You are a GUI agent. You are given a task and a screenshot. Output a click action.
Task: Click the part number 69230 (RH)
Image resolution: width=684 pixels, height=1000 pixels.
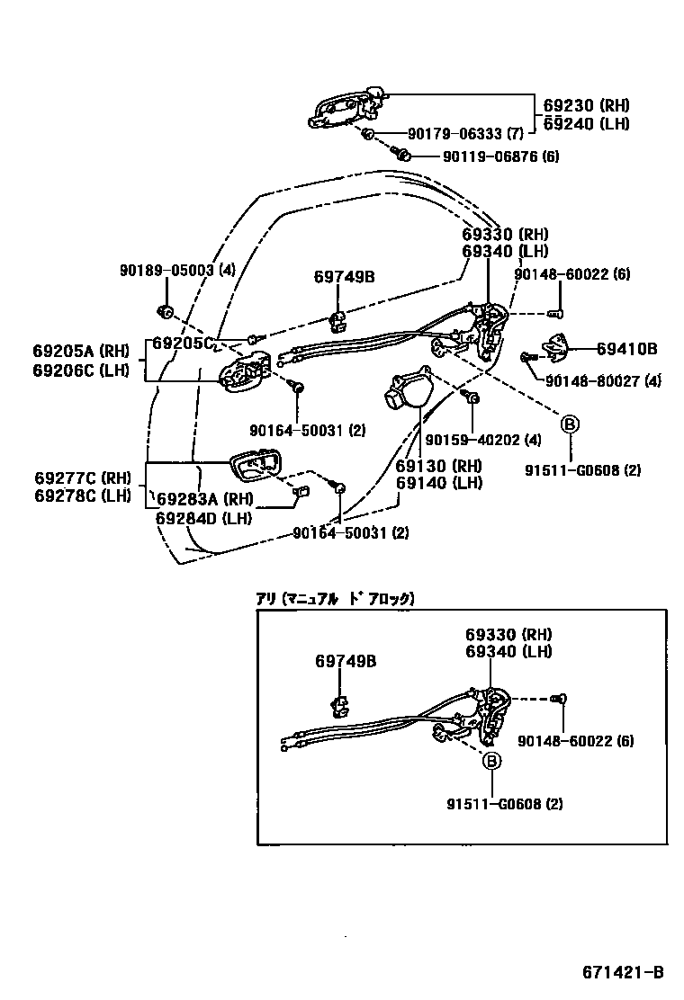coord(586,104)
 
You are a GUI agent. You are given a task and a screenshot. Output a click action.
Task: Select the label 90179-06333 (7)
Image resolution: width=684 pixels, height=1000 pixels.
coord(465,134)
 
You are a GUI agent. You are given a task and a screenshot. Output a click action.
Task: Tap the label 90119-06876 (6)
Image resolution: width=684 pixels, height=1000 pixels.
coord(500,156)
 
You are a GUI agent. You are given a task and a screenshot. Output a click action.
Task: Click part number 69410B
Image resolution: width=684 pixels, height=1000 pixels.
coord(626,349)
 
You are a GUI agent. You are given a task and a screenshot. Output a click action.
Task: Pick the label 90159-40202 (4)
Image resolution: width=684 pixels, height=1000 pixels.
coord(483,441)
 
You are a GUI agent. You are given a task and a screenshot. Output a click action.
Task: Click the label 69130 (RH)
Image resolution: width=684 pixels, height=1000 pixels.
coord(438,466)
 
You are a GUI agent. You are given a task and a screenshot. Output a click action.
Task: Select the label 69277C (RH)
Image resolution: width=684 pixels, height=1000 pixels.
coord(82,478)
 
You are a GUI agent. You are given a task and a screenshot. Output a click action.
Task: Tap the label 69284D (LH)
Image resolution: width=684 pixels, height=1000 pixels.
coord(202,517)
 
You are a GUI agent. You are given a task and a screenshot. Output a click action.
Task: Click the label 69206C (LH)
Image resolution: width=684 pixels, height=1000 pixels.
coord(81,370)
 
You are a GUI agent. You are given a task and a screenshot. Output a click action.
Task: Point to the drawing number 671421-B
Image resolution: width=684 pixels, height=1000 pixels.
coord(622,972)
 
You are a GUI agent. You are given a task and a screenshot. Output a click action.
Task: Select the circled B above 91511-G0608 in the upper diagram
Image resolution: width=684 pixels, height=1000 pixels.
coord(570,424)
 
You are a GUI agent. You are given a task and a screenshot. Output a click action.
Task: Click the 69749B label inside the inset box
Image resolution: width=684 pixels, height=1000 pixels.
coord(346,662)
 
